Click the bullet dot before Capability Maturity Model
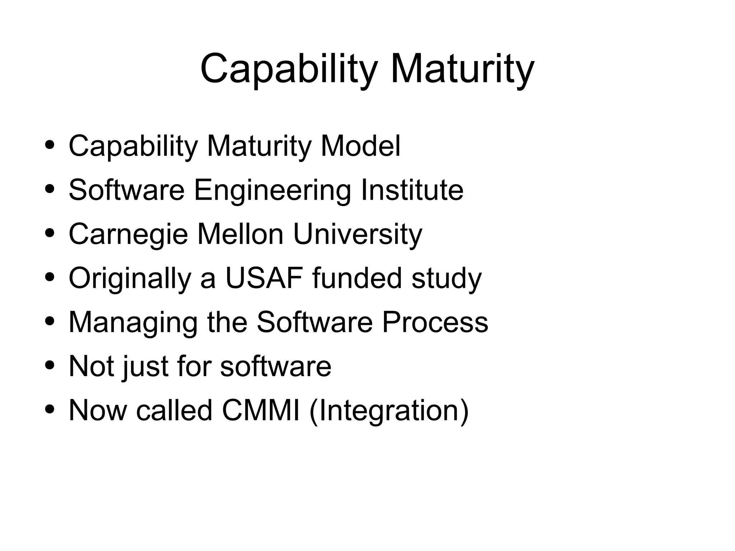[50, 145]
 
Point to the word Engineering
[272, 190]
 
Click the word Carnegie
[128, 234]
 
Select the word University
[357, 234]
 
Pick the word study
[446, 279]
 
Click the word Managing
[133, 322]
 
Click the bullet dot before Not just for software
[50, 365]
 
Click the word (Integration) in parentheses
[389, 411]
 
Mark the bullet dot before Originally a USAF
[50, 277]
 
